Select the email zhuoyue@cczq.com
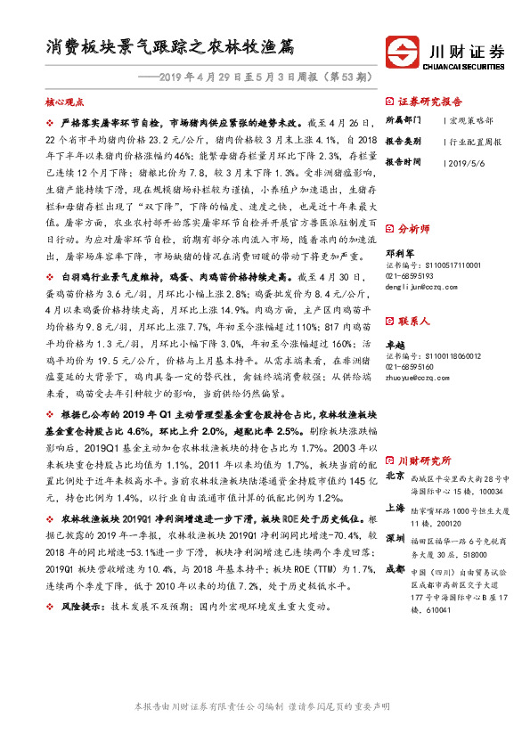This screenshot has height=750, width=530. [x=417, y=378]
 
